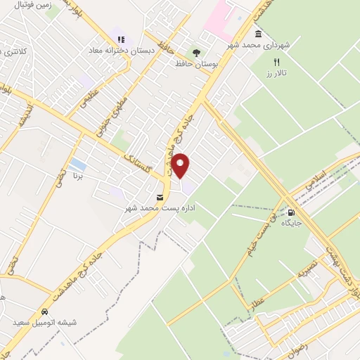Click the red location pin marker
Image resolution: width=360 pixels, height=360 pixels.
[x=181, y=166]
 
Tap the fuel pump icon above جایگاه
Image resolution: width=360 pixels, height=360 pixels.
[x=291, y=212]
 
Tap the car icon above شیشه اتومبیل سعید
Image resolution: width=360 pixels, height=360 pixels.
[x=44, y=312]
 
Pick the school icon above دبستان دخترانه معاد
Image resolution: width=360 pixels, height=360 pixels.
[x=121, y=39]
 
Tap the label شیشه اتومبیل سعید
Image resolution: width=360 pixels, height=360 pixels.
[x=44, y=323]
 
